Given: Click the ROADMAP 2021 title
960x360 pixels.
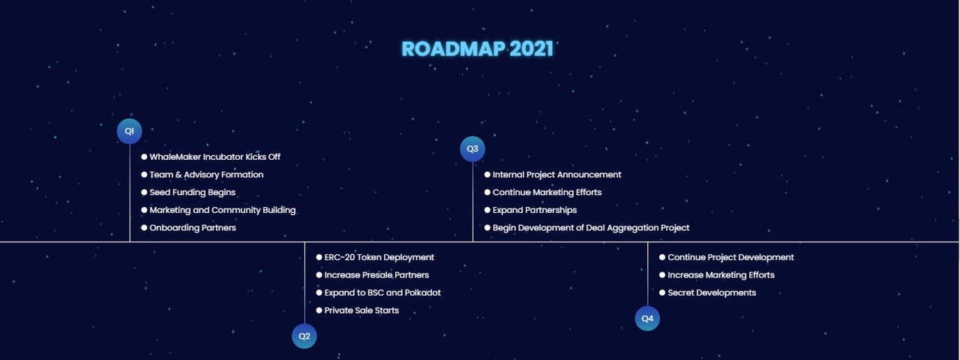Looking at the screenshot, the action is point(477,49).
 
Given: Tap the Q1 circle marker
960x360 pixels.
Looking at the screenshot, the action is point(130,131).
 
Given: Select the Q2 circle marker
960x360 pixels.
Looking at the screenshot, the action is point(304,336).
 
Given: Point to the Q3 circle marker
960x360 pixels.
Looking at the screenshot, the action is point(472,148).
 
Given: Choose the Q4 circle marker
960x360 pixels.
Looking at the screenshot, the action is point(647,319).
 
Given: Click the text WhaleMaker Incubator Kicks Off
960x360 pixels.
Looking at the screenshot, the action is point(214,157).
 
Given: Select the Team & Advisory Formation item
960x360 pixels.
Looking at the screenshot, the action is point(206,175).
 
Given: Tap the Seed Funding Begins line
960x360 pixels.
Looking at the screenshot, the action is point(193,193).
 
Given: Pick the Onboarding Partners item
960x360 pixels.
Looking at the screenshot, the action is point(193,228).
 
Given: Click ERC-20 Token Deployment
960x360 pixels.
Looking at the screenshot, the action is point(379,257).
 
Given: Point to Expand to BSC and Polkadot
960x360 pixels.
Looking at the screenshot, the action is point(382,292).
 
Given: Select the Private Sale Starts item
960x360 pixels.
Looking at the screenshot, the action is point(361,310).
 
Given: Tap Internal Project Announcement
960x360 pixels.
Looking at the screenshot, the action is point(556,175).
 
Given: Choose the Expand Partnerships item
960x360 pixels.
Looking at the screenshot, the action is point(535,210).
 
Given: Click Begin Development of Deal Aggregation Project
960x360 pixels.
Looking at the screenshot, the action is point(591,228).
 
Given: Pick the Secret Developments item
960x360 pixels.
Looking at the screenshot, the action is point(712,292).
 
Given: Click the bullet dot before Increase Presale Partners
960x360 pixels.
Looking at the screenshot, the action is point(319,275).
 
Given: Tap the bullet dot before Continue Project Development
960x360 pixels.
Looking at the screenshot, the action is point(662,257).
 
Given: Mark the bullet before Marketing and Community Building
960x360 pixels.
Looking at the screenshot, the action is point(144,210).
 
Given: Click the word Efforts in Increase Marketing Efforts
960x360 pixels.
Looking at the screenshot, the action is point(761,275).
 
